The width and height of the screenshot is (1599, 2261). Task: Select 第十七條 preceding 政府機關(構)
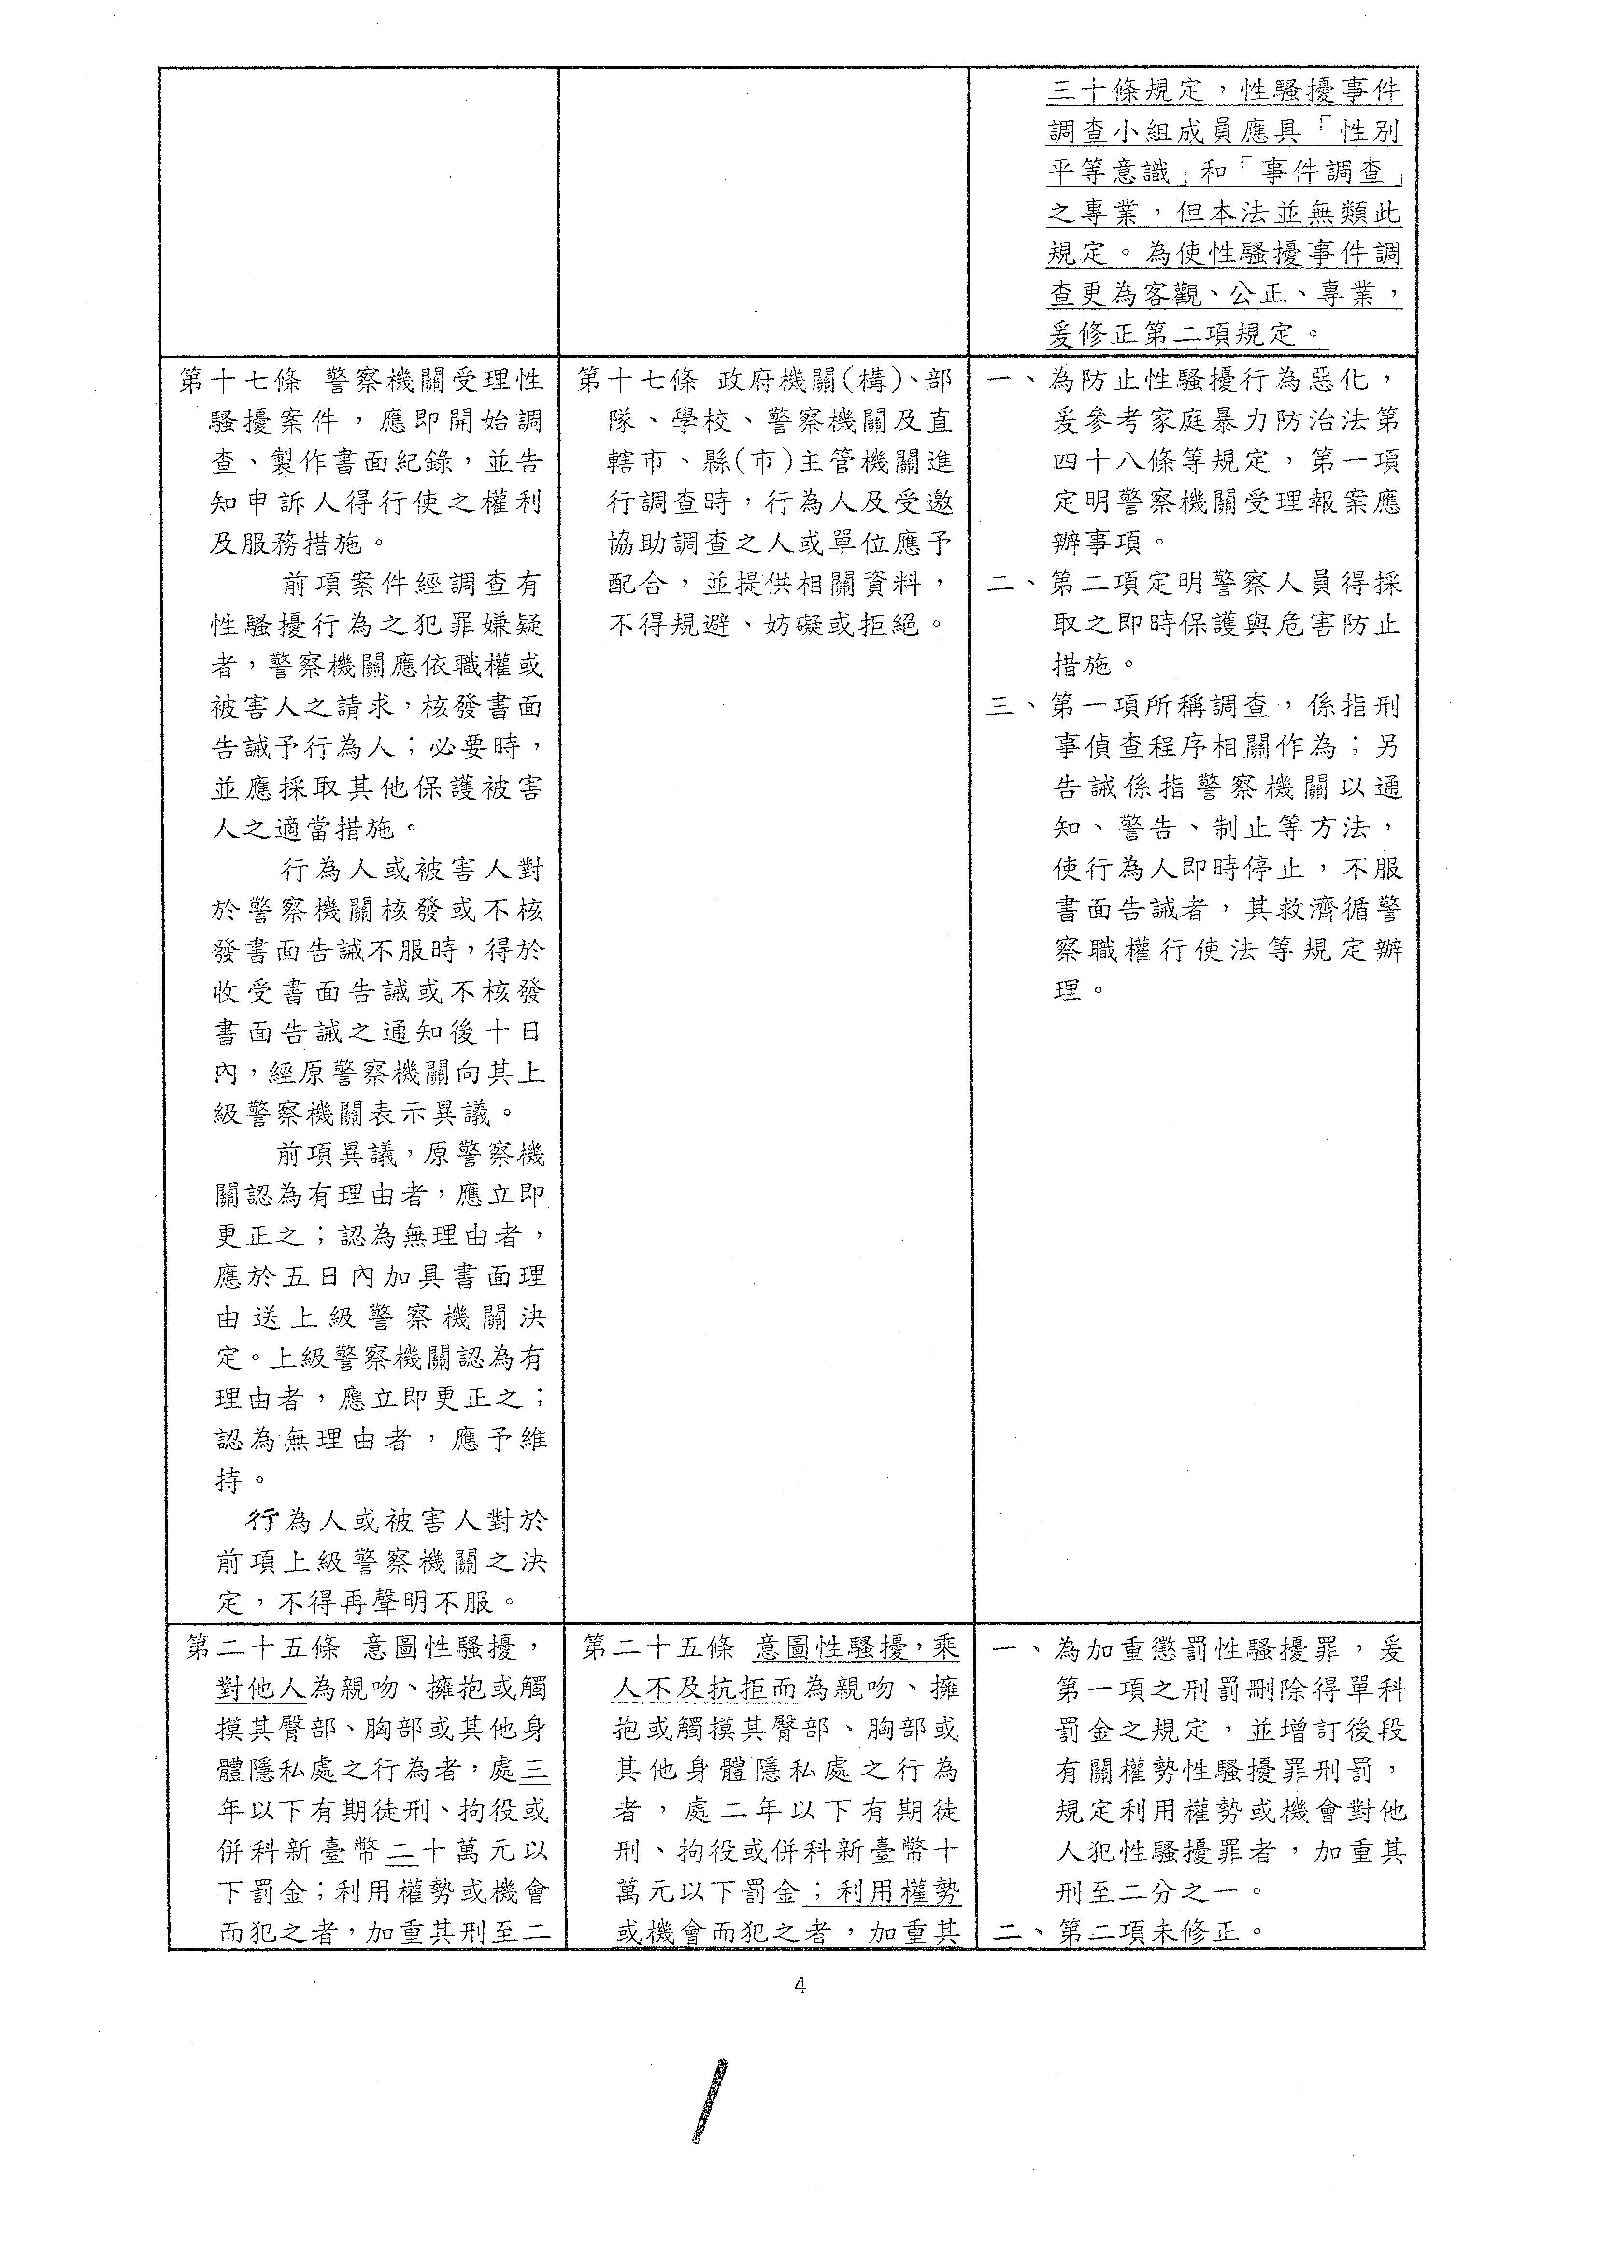click(x=638, y=380)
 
